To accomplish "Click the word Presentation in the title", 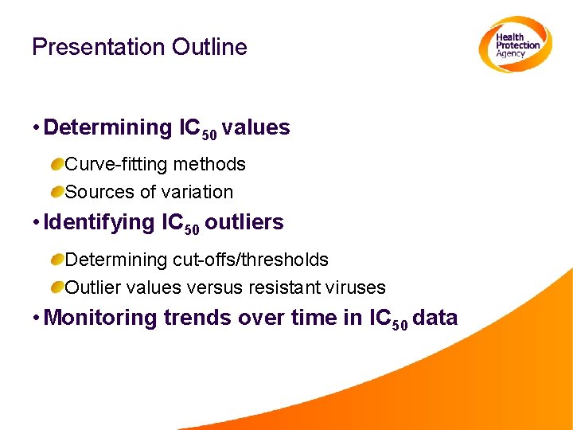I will (x=88, y=48).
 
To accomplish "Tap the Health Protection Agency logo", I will (x=515, y=45).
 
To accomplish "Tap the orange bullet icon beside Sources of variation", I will (x=57, y=192).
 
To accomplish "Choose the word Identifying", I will (x=99, y=222).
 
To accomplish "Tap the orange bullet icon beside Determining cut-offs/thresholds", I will (x=57, y=260).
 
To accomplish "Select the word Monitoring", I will (x=101, y=318).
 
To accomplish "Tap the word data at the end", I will (x=435, y=318).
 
